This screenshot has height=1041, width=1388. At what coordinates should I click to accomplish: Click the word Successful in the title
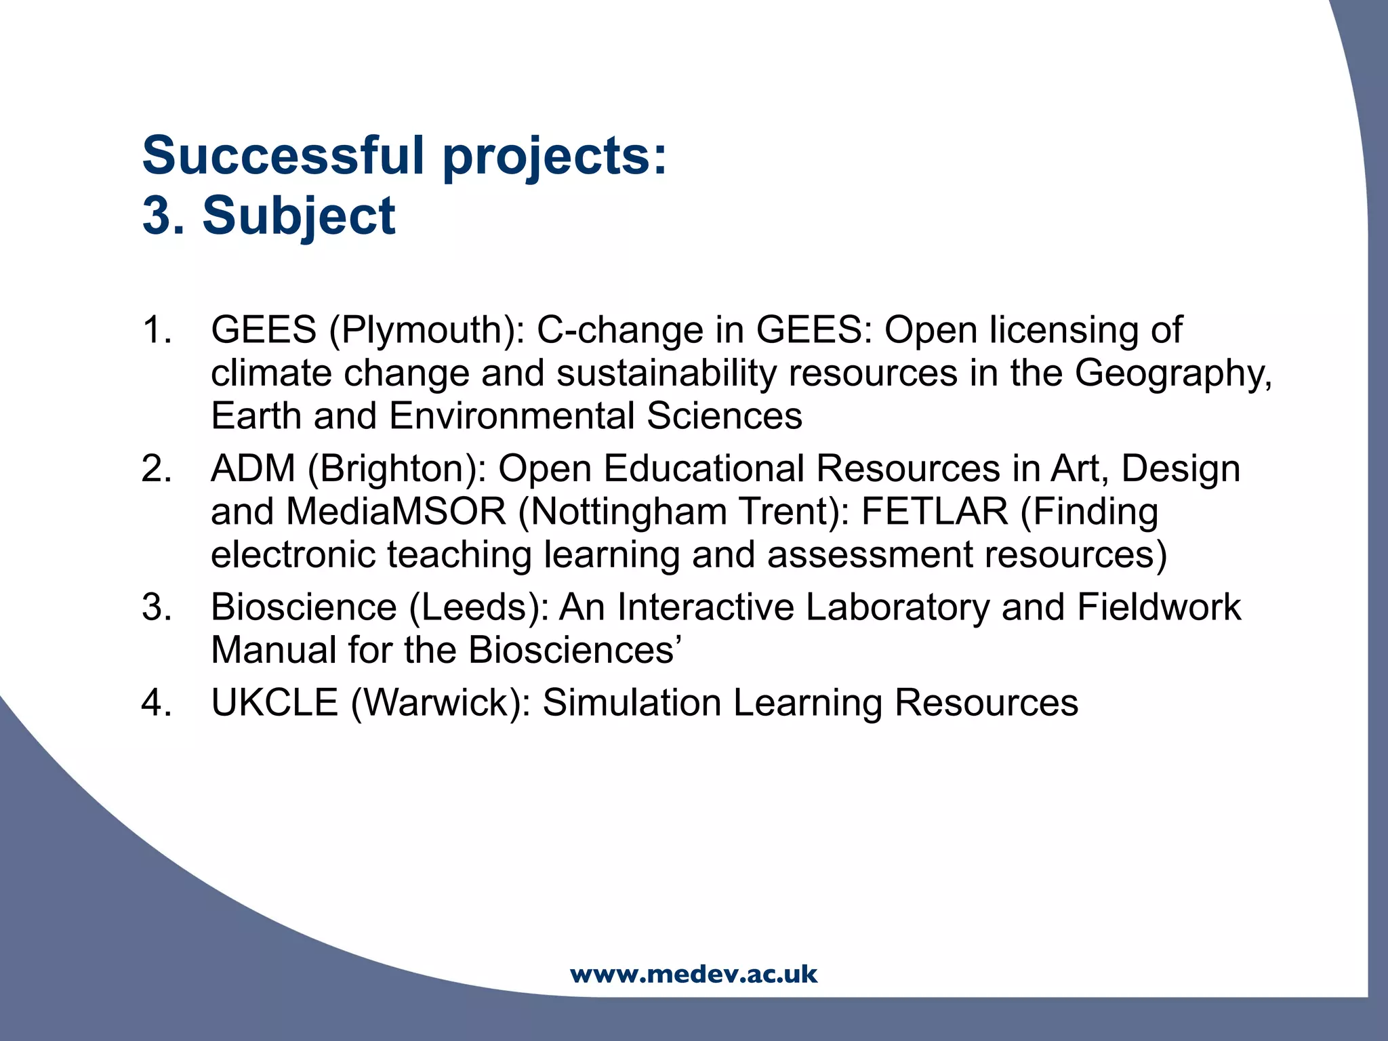pyautogui.click(x=283, y=155)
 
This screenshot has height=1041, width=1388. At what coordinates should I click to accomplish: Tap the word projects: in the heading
pyautogui.click(x=554, y=157)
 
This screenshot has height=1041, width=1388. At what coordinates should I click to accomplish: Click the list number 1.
pyautogui.click(x=157, y=331)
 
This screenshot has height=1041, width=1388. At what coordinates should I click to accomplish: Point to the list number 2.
pyautogui.click(x=157, y=469)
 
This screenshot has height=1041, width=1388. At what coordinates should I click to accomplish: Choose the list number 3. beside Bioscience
pyautogui.click(x=157, y=607)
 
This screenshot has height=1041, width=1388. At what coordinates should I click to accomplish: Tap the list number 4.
pyautogui.click(x=157, y=703)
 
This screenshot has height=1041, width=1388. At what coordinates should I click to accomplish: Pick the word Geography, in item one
pyautogui.click(x=1173, y=373)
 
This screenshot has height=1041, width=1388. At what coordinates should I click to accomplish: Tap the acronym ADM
pyautogui.click(x=253, y=469)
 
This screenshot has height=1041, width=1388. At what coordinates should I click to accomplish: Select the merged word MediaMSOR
pyautogui.click(x=396, y=512)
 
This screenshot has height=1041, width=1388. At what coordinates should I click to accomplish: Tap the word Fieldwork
pyautogui.click(x=1158, y=607)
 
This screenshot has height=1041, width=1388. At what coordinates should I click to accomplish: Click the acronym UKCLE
pyautogui.click(x=274, y=703)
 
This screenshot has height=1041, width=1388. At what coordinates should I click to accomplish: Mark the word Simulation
pyautogui.click(x=632, y=703)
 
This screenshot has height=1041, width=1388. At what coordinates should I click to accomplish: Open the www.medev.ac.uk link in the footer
pyautogui.click(x=694, y=975)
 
